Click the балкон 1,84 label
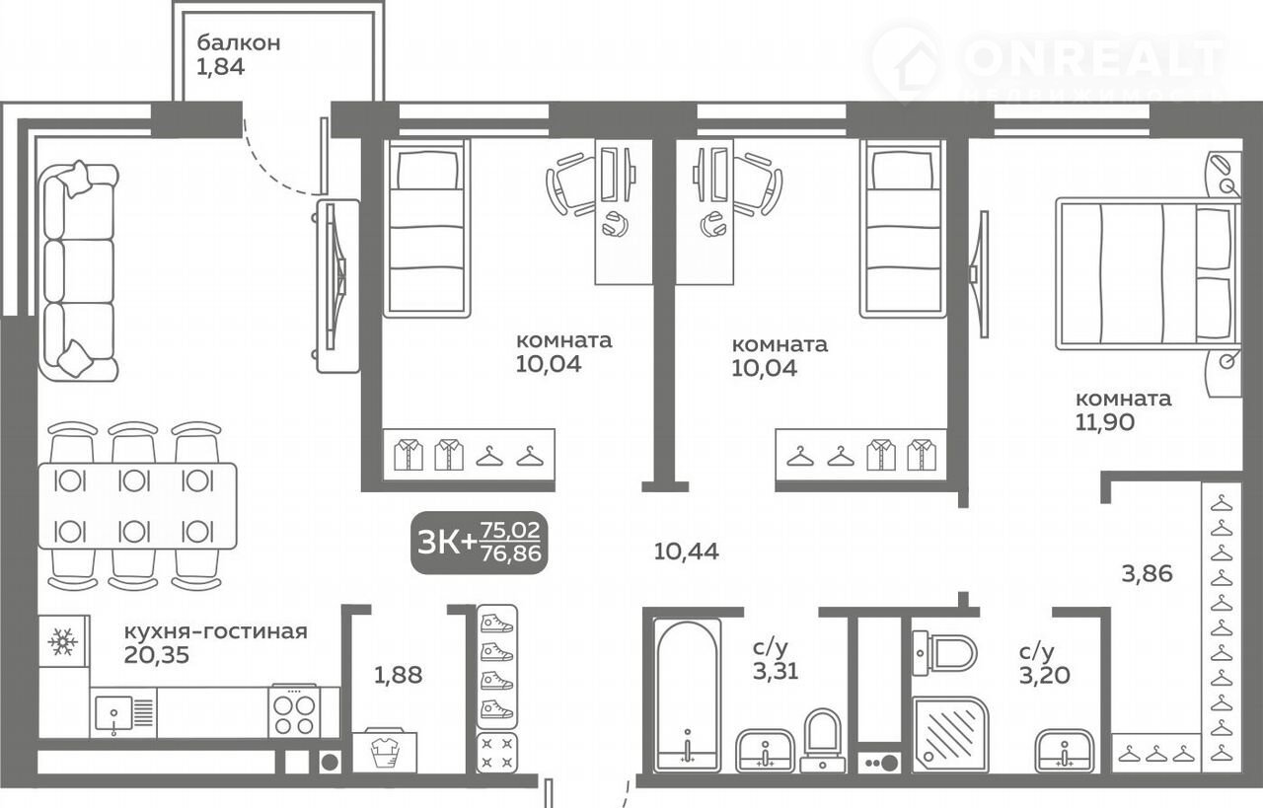coord(238,54)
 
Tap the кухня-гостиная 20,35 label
coord(215,643)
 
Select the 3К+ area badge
coord(480,542)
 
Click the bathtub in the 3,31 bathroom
coord(688,695)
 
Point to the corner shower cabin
coord(950,735)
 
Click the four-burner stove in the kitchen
coord(293,711)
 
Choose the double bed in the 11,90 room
coord(1148,274)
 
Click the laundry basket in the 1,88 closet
coord(385,752)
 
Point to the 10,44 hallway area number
coord(686,551)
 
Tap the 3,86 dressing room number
coord(1147,574)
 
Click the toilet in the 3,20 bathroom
coord(944,653)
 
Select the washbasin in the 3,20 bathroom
coord(1065,751)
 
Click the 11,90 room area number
coord(1105,422)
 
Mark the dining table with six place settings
coord(137,506)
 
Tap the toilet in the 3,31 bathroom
coord(823,740)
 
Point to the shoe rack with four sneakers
coord(496,668)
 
